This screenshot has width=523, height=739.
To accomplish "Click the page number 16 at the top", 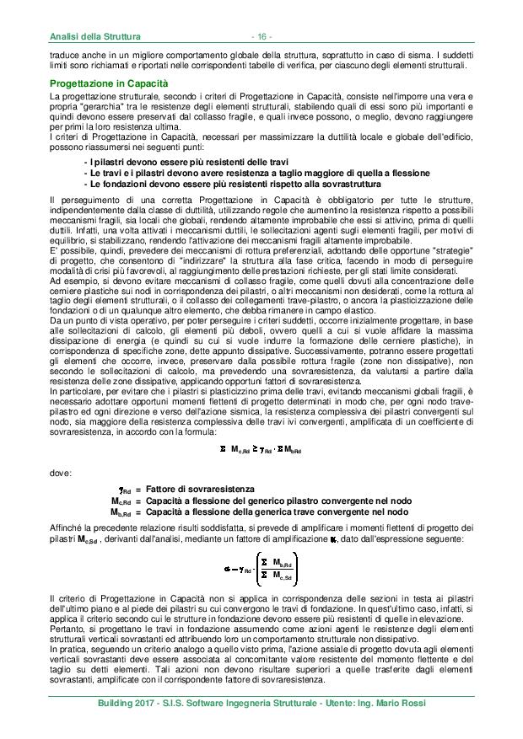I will (x=261, y=36).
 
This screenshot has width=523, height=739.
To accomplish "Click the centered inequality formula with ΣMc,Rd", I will (x=261, y=449).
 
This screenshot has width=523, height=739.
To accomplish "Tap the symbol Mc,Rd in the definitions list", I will (x=127, y=501).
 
